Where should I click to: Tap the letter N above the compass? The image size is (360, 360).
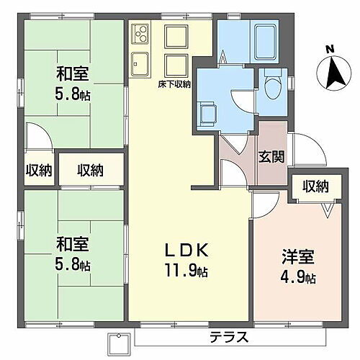tap(330, 49)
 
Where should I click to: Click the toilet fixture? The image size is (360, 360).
tap(272, 89)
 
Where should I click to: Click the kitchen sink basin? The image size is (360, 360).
tap(140, 63)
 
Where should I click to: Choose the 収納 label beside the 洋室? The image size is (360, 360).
tap(315, 186)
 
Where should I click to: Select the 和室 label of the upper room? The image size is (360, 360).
tap(72, 73)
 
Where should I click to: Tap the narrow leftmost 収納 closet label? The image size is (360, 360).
tap(38, 170)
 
